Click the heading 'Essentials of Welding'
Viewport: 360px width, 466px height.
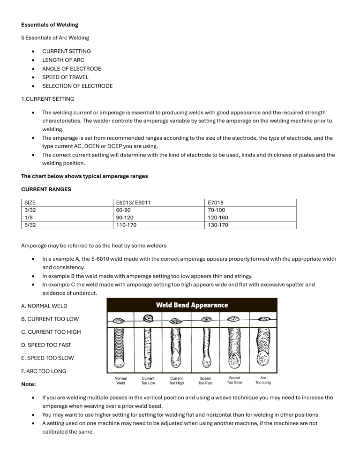coord(50,24)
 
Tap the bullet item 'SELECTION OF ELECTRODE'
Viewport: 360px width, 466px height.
coord(77,86)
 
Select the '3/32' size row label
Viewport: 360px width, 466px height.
coord(30,210)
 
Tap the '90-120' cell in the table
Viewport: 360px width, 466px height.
coord(124,218)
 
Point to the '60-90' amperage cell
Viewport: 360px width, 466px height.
coord(122,210)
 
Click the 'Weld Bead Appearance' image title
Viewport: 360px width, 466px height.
coord(192,305)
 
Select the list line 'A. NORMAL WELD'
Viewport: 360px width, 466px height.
coord(45,306)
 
